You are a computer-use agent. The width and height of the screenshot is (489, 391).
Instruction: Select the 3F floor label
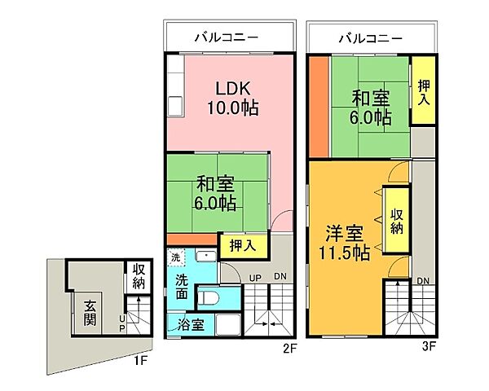click(x=430, y=345)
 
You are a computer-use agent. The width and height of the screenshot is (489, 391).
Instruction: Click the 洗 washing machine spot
click(x=175, y=257)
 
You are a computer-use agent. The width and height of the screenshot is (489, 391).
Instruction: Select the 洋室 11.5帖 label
click(x=342, y=242)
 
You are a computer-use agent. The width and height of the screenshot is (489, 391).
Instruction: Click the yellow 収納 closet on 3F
click(x=397, y=221)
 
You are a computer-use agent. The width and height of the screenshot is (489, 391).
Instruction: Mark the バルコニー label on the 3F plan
click(x=371, y=36)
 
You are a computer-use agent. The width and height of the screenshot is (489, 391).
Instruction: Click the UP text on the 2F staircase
click(x=254, y=279)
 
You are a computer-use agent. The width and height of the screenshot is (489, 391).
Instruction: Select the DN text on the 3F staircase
click(x=423, y=282)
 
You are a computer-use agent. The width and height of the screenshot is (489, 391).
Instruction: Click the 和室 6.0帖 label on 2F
click(x=217, y=193)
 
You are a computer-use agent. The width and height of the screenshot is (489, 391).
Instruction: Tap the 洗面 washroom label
click(x=181, y=286)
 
